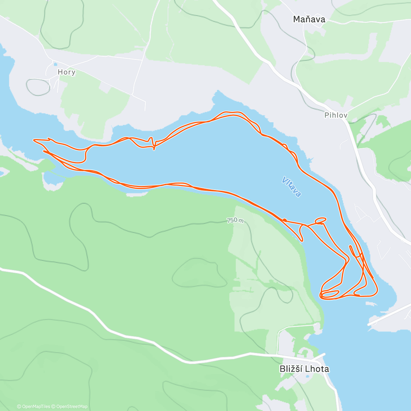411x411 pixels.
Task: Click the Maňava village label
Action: tap(309, 20)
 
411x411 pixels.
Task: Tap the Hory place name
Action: tap(66, 72)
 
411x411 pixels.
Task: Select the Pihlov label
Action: tap(336, 115)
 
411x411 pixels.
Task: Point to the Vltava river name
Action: tap(291, 187)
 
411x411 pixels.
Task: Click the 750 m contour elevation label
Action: tap(235, 221)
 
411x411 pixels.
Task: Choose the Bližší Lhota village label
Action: tap(304, 369)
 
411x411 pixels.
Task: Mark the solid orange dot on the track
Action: tap(285, 220)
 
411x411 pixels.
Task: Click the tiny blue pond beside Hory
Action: tap(55, 64)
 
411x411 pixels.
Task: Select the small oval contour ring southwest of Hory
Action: tap(38, 87)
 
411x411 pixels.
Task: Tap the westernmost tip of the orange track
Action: tap(34, 140)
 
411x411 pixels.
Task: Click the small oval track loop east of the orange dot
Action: tap(321, 220)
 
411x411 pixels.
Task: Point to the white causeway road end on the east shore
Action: tap(370, 324)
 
